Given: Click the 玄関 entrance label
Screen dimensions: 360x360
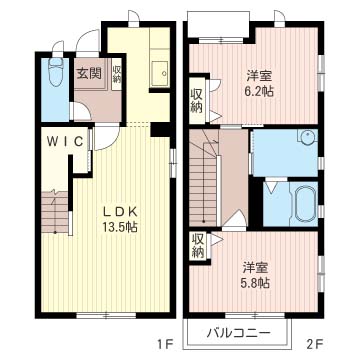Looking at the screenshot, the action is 89,73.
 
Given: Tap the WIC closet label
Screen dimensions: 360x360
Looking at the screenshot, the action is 65,142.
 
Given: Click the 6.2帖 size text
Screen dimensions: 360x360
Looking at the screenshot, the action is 259,91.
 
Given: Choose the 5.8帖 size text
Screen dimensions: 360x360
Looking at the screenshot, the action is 255,283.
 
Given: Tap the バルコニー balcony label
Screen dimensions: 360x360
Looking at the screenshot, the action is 238,333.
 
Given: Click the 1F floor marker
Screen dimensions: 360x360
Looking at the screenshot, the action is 164,342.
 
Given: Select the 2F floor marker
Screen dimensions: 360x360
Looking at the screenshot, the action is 313,342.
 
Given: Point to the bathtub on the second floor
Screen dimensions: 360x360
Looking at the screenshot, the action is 304,204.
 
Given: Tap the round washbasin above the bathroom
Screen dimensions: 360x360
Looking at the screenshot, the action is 306,137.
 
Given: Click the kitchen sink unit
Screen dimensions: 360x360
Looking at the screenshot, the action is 159,73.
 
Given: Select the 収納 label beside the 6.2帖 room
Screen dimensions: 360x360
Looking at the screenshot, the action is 197,101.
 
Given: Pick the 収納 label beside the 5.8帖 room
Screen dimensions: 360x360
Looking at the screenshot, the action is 198,246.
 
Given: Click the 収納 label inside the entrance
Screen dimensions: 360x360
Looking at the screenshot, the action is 116,74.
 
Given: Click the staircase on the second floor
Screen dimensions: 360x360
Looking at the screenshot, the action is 203,178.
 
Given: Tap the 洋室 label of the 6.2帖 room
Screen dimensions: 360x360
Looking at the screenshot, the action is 259,76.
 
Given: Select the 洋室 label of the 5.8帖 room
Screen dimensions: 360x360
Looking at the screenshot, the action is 255,268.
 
